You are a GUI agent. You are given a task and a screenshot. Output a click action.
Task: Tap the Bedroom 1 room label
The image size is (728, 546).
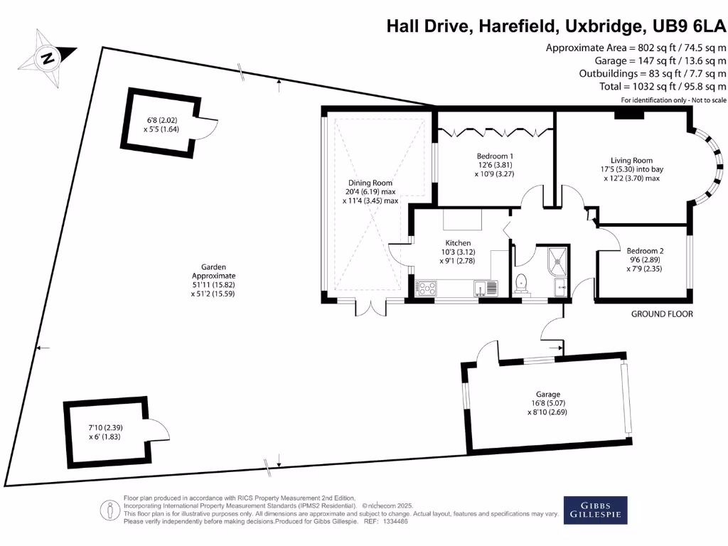(494, 156)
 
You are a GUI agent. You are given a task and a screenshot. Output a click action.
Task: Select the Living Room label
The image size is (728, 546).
(631, 160)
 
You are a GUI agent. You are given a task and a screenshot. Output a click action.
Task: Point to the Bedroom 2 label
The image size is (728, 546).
(645, 250)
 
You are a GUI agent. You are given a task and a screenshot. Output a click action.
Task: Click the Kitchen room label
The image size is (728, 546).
(456, 242)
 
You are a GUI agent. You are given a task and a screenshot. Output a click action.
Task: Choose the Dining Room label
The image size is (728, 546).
(370, 183)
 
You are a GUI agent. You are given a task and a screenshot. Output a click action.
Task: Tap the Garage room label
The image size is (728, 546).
(548, 394)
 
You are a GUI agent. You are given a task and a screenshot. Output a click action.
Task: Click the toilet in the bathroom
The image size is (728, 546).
(523, 282)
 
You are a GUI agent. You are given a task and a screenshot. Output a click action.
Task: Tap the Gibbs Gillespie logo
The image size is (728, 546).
(596, 510)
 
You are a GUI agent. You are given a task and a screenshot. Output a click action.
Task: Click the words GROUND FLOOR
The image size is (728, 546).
(661, 314)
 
